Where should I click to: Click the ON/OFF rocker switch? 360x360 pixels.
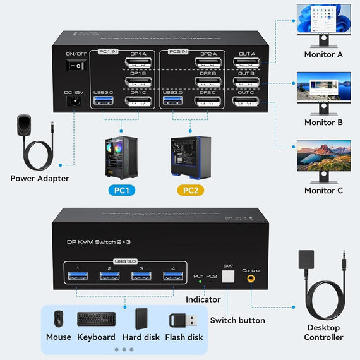[x=76, y=66]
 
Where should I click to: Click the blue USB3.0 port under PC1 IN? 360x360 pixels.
[x=104, y=101]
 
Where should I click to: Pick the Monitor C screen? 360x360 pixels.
[x=323, y=157]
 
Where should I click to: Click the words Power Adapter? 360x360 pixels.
[x=39, y=178]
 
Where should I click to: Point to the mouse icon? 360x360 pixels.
[x=58, y=318]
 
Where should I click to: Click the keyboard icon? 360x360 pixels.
[x=96, y=319]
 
